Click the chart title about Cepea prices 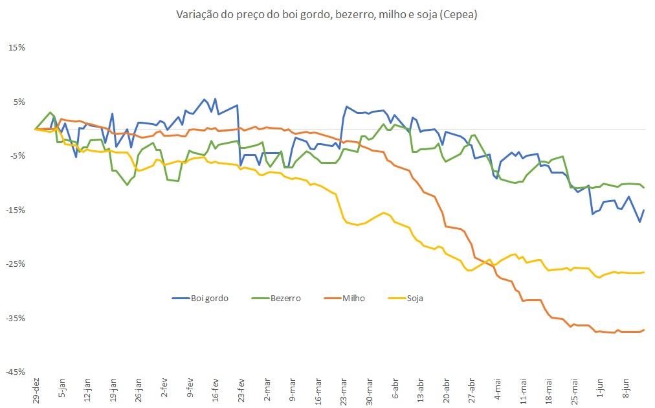327,15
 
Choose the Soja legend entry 414,298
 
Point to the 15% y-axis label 17,48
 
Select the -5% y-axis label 17,155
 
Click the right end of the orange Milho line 644,330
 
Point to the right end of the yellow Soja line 644,272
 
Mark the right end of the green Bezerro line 644,188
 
